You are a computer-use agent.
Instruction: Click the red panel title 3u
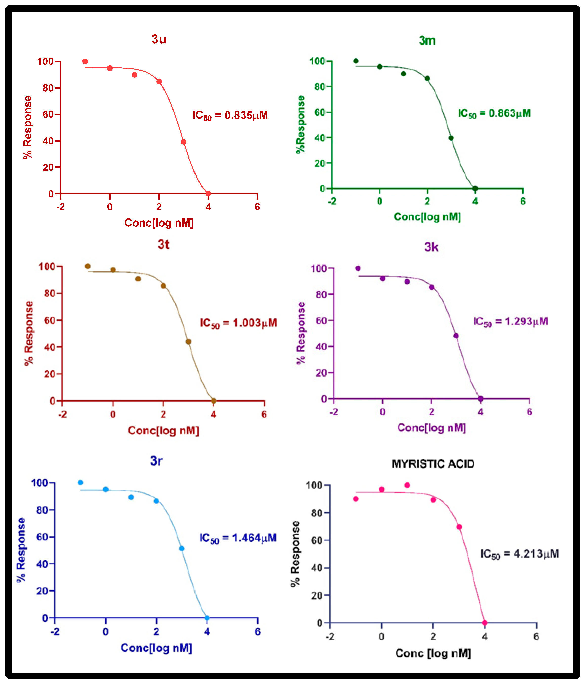point(159,39)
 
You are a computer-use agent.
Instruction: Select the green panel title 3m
point(427,40)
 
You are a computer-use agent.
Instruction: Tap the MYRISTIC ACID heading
point(433,464)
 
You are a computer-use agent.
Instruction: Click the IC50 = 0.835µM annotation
point(230,115)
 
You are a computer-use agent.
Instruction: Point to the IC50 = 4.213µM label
point(519,554)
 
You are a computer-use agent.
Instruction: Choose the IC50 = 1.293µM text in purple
point(510,321)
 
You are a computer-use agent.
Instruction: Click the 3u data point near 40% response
point(184,142)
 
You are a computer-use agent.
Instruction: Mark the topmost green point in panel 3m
point(356,61)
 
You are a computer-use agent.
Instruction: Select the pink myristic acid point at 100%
point(407,485)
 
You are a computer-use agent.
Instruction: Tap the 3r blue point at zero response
point(207,618)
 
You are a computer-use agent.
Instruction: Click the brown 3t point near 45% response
point(188,342)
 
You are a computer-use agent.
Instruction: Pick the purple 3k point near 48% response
point(456,336)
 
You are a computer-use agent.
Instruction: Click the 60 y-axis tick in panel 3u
point(48,114)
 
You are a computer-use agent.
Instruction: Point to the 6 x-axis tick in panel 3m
point(523,201)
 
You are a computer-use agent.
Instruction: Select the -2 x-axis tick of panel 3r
point(55,632)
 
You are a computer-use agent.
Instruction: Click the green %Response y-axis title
point(300,124)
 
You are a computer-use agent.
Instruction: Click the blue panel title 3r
point(156,460)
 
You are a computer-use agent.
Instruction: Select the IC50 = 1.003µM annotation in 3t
point(239,323)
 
